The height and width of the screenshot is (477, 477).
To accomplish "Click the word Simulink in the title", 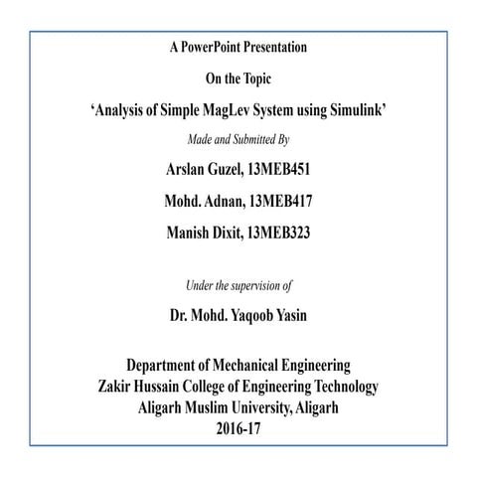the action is [353, 110].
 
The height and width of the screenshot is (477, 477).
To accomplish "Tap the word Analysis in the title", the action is [124, 110].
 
